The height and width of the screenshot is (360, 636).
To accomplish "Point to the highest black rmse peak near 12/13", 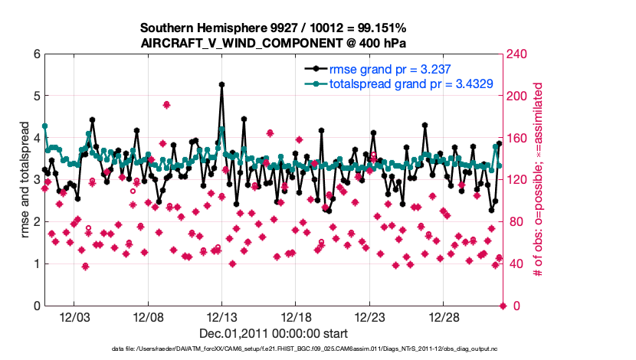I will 221,84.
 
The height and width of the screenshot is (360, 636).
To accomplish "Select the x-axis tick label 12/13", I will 221,317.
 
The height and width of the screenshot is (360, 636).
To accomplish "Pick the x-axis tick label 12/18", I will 296,317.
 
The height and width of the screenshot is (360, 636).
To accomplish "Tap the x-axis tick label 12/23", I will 369,317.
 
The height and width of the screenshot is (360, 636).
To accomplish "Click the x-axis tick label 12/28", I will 443,317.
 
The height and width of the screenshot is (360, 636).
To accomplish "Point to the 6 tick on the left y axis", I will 35,54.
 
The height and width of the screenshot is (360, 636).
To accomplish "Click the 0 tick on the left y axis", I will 35,306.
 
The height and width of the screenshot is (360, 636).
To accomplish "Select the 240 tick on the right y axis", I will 517,54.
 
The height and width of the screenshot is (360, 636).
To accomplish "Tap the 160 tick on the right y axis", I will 517,138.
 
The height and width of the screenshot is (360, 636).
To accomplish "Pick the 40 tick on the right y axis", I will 514,264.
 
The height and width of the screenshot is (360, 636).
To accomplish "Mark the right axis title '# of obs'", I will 538,180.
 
